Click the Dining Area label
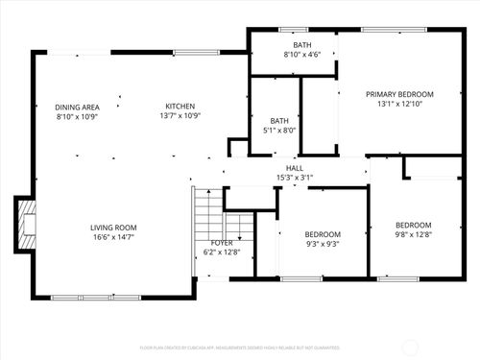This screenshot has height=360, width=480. click(77, 107)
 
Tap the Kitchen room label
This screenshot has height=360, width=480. click(180, 107)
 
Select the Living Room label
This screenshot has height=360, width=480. click(113, 228)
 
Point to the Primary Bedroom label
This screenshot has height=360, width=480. click(399, 94)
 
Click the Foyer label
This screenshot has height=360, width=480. click(221, 243)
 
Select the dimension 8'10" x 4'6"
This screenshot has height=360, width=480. click(301, 55)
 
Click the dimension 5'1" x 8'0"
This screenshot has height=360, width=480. click(276, 131)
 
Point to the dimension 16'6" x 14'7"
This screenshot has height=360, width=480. click(113, 237)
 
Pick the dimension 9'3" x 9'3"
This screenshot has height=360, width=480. click(322, 243)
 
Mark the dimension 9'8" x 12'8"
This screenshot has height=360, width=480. click(413, 233)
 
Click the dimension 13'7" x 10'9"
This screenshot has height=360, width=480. click(180, 116)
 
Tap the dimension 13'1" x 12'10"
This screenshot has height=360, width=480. click(399, 104)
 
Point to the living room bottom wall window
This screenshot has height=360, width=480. click(80, 297)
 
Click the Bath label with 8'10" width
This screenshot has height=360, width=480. click(301, 45)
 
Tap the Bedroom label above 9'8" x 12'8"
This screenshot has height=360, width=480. click(413, 224)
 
